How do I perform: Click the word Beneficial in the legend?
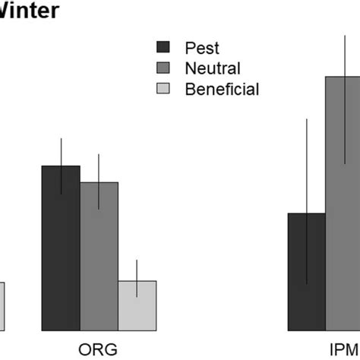[222, 89]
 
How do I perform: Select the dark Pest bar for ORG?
[61, 251]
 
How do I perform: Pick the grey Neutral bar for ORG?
[99, 258]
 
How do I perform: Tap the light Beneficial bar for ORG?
[137, 308]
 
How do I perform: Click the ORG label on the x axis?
[99, 349]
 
